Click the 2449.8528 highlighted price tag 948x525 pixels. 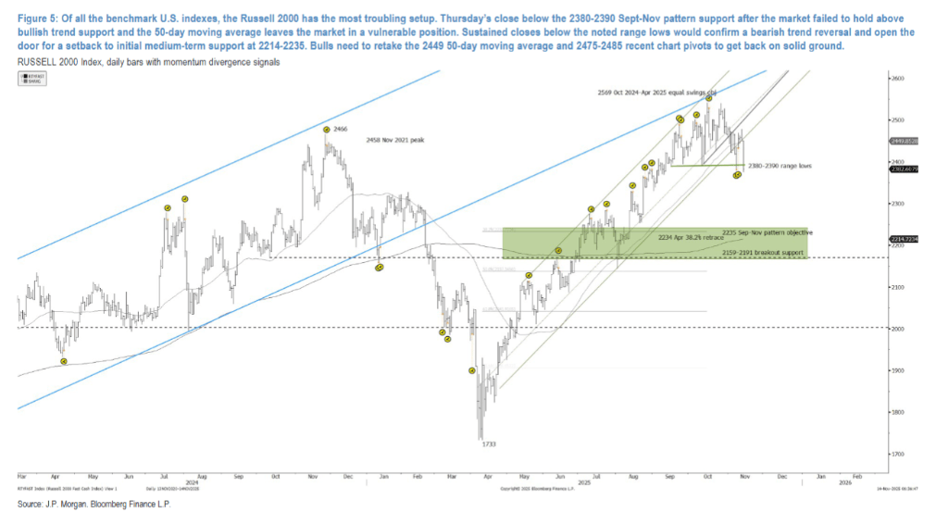click(x=904, y=141)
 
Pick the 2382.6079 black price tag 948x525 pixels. click(x=904, y=169)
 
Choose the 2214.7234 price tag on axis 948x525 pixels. click(x=904, y=239)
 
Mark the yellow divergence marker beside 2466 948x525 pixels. click(x=327, y=131)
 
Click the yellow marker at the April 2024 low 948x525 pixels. click(x=64, y=361)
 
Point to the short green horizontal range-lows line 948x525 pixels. click(x=704, y=165)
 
